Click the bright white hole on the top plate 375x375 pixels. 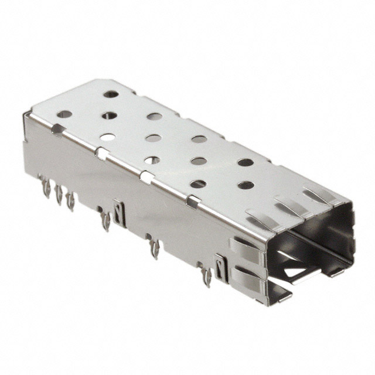107,137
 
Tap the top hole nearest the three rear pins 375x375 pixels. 64,114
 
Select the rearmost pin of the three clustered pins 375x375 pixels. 45,186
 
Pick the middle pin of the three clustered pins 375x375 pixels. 58,195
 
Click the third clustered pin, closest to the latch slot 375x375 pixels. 70,201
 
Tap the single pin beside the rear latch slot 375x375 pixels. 105,221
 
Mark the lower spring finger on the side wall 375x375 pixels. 249,274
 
